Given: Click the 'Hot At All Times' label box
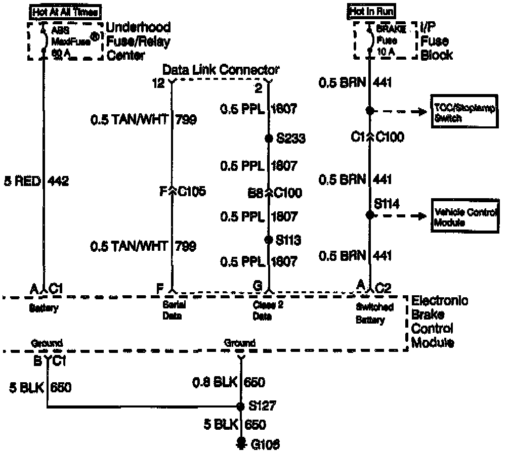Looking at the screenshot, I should (65, 11).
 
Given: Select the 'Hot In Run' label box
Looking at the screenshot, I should (371, 11).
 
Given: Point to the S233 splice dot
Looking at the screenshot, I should (268, 138).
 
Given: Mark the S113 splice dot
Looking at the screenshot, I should (268, 239).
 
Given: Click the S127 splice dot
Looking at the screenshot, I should (241, 406).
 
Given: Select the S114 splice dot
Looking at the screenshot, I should (369, 215).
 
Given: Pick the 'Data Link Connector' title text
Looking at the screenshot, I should (221, 70).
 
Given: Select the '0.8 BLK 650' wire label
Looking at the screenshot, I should (230, 382).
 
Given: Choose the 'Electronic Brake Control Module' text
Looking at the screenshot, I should (439, 322).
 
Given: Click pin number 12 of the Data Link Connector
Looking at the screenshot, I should (158, 83).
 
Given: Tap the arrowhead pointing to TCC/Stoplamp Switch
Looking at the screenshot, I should (421, 111).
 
